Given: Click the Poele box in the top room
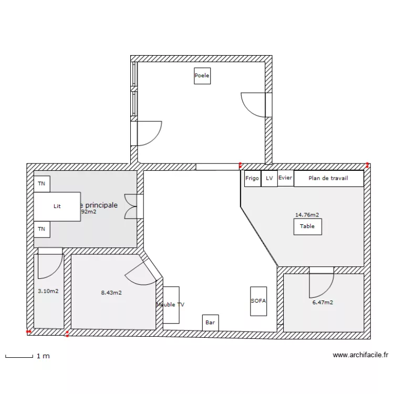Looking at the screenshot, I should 202,76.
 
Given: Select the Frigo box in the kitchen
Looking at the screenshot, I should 252,179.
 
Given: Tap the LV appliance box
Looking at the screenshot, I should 269,179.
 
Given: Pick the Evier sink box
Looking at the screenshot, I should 285,178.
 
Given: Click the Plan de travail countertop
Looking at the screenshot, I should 328,179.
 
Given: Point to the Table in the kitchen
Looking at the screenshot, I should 307,226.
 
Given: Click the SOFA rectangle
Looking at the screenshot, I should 258,301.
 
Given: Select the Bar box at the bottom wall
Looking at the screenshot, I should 210,323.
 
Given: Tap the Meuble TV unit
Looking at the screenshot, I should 171,305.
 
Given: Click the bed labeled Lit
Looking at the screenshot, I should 57,206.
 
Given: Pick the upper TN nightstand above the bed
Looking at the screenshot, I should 42,184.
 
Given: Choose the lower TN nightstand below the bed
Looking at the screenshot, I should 42,230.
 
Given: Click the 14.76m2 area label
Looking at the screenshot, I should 307,215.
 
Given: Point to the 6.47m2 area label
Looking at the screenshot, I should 323,303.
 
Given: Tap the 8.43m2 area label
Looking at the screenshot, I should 111,293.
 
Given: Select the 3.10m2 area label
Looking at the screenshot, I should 48,291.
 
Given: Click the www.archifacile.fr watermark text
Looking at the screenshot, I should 360,356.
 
